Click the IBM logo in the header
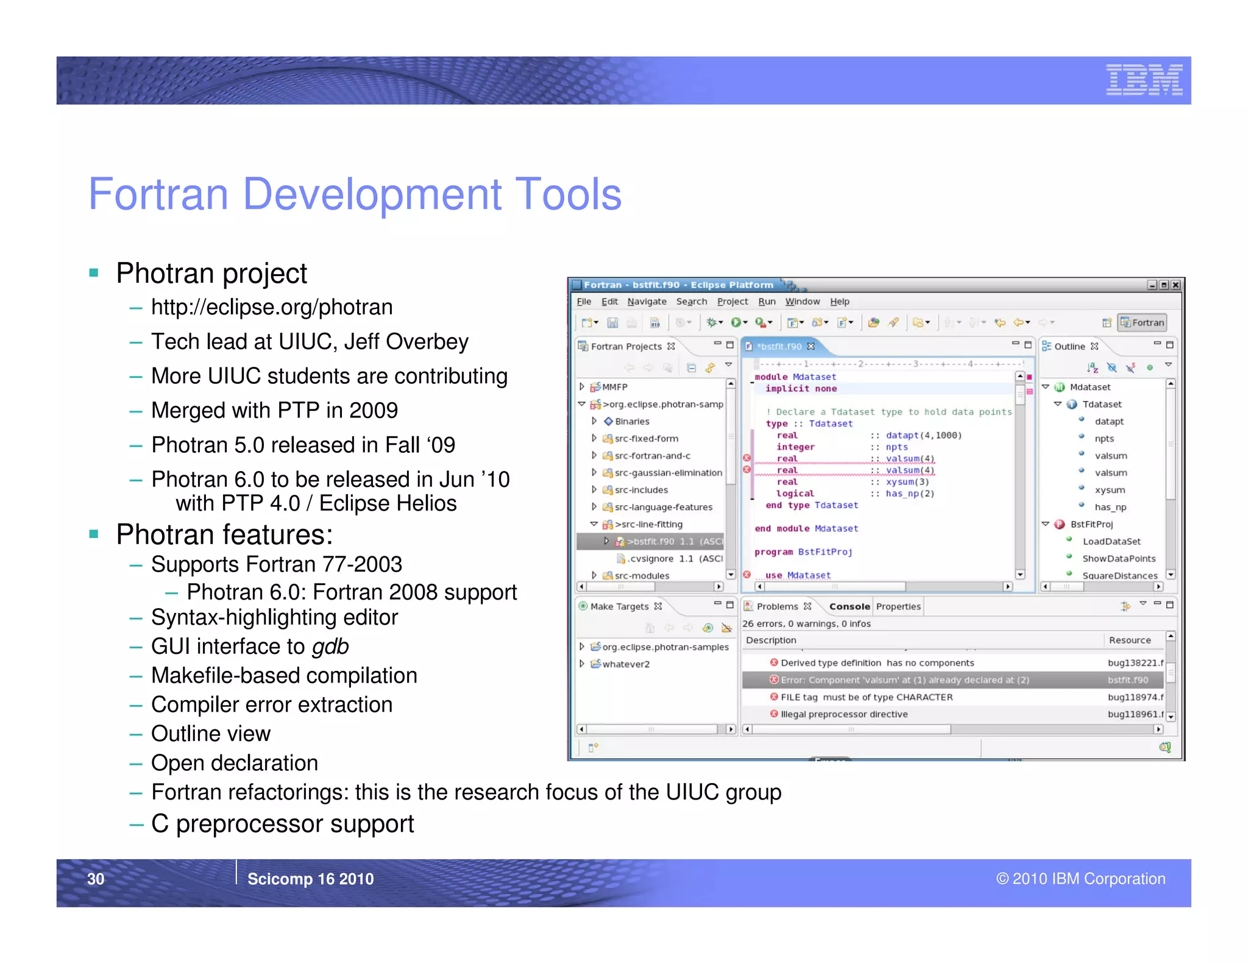coord(1144,80)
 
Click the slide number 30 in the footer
coord(96,878)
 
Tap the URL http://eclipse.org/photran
coord(272,307)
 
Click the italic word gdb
coord(330,647)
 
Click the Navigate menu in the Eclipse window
coord(647,302)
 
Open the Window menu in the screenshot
coord(802,302)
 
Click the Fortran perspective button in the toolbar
coord(1142,322)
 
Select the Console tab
coord(849,606)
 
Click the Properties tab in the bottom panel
coord(898,606)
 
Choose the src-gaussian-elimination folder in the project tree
coord(668,473)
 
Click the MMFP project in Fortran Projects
coord(614,387)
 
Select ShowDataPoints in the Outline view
coord(1118,559)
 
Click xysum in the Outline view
coord(1109,490)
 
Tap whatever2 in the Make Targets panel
coord(626,664)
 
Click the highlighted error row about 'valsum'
coord(904,680)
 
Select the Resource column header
coord(1129,640)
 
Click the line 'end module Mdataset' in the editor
coord(806,529)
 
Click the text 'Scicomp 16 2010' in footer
coord(310,879)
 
